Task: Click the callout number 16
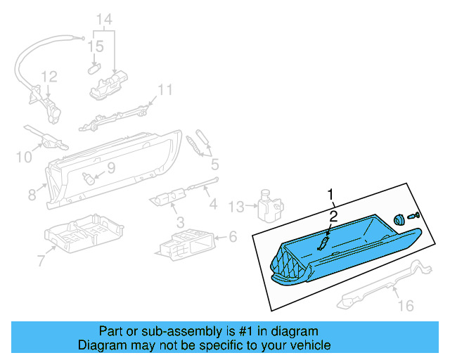[x=406, y=306]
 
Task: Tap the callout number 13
[x=238, y=206]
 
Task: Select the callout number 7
[x=41, y=262]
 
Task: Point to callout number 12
[x=48, y=76]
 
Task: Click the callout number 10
[x=23, y=157]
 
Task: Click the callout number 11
[x=165, y=89]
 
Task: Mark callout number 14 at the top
[x=103, y=18]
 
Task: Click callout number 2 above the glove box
[x=334, y=216]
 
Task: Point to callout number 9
[x=110, y=169]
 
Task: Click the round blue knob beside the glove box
[x=399, y=219]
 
